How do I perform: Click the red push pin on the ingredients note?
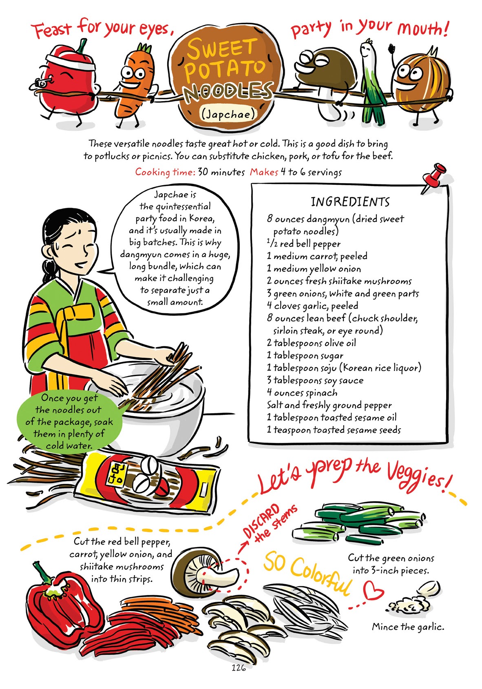(x=435, y=175)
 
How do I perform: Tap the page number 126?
(x=239, y=668)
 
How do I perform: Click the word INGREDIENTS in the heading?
(x=350, y=202)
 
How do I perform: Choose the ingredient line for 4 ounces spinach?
(x=302, y=393)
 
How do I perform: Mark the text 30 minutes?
(x=221, y=172)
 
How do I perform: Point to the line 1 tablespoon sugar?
(x=305, y=355)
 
